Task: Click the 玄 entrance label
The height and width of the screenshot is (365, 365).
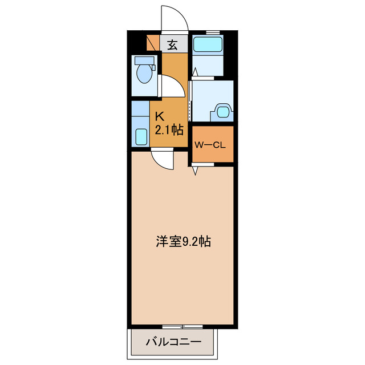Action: (172, 44)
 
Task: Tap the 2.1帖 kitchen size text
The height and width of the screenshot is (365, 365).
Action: (169, 130)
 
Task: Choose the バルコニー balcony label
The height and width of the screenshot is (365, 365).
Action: (173, 343)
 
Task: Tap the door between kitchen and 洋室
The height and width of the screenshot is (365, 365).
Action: (162, 159)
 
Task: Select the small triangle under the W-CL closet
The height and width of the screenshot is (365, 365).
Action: (195, 170)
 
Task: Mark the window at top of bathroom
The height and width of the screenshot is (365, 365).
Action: (213, 32)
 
